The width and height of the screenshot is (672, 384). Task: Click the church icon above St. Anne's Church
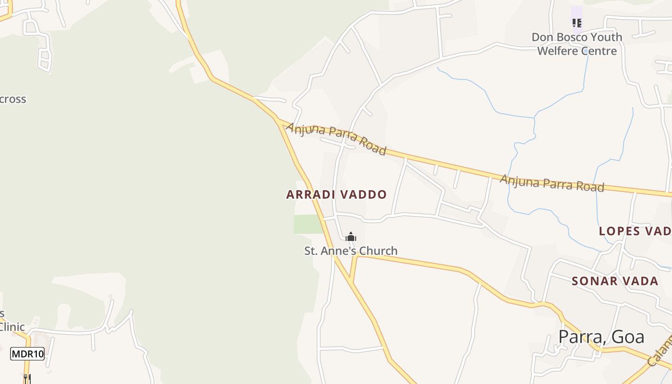[351, 237]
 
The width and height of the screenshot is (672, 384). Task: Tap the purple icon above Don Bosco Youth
[576, 23]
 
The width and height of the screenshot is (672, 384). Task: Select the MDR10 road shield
[27, 354]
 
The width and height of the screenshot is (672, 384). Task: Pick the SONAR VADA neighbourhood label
[615, 281]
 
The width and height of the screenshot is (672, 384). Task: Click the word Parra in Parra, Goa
[578, 337]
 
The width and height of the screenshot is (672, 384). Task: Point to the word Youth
[606, 37]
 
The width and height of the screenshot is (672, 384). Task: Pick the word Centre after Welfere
[599, 51]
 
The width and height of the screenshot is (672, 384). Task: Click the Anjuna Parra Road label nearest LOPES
[552, 183]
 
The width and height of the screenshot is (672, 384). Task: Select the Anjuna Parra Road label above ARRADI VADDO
[336, 138]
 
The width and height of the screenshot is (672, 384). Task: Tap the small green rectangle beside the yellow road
[308, 224]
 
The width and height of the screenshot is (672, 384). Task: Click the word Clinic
[12, 327]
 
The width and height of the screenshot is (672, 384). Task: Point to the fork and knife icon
[27, 378]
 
